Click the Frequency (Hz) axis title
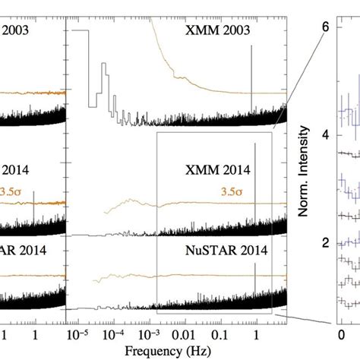(175, 350)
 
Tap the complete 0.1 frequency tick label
(220, 333)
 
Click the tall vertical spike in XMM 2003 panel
(251, 76)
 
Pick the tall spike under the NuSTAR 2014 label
(255, 281)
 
